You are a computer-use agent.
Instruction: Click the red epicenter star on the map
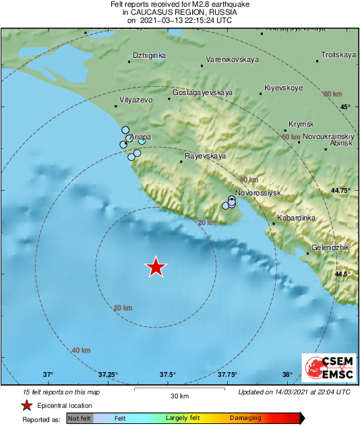(x=156, y=267)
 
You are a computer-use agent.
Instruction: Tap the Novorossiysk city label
(x=261, y=193)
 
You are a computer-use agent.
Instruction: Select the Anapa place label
(x=140, y=137)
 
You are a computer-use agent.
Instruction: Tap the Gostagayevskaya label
(x=202, y=92)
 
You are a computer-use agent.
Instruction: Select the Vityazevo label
(x=136, y=100)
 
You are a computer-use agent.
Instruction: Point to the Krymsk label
(x=301, y=124)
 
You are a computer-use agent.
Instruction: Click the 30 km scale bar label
(x=179, y=395)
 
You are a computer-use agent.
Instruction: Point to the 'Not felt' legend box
(x=79, y=418)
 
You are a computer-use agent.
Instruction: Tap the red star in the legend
(x=26, y=405)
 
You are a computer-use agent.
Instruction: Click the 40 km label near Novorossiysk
(x=249, y=180)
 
